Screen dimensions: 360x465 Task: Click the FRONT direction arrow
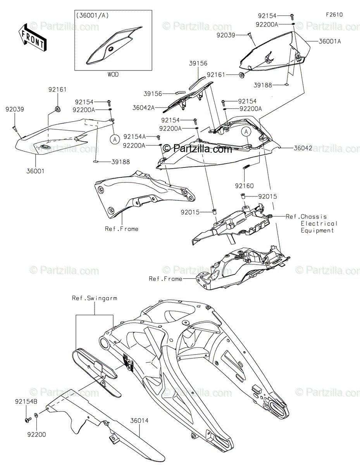32,37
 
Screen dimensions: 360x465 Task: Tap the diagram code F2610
334,15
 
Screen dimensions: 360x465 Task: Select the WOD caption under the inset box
113,74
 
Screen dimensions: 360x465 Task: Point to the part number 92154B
26,402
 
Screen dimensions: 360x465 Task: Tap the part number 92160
244,186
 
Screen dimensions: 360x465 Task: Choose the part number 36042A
143,108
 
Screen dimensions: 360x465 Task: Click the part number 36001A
330,41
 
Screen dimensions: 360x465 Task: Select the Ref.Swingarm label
95,298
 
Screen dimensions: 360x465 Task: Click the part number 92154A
134,136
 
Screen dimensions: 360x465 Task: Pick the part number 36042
303,148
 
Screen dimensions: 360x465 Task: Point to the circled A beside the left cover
115,139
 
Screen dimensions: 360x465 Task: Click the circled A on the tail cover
246,132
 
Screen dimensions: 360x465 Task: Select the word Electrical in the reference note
319,224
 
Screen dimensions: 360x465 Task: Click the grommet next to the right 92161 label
242,75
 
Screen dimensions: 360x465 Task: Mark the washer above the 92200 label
36,415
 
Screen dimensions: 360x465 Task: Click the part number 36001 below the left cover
35,171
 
